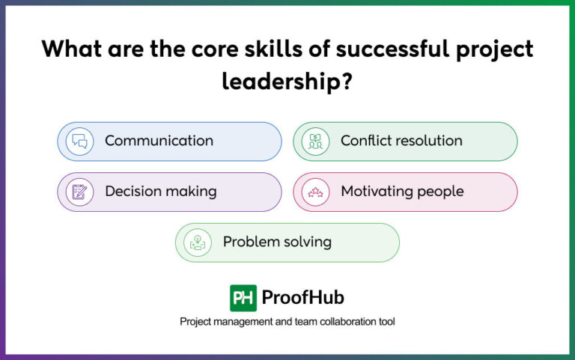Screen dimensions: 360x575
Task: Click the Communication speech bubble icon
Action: pos(79,141)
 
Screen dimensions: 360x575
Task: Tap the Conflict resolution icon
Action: pos(315,141)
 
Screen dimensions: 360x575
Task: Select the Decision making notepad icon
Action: pos(79,192)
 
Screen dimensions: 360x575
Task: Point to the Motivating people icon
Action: pos(315,192)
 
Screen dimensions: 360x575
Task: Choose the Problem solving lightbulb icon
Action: pos(198,242)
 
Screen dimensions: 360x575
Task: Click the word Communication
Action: pos(159,141)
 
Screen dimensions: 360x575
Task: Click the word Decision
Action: pos(133,192)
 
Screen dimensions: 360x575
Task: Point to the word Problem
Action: pos(252,242)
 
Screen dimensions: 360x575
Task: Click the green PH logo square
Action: pos(243,298)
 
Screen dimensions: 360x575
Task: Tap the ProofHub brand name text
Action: pos(303,298)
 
